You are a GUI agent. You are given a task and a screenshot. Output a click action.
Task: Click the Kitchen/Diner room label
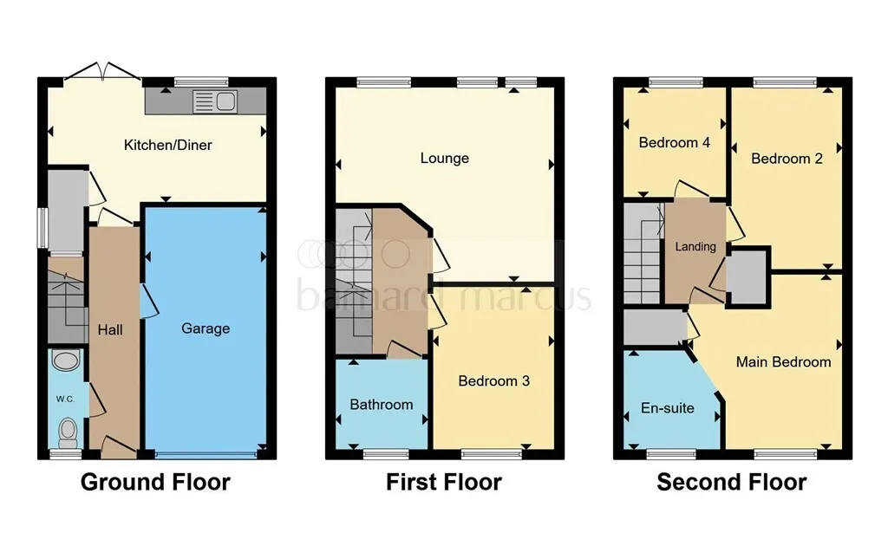(167, 145)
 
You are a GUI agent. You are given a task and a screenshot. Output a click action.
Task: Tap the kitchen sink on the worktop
(215, 102)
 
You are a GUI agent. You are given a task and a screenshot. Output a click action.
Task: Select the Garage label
(206, 328)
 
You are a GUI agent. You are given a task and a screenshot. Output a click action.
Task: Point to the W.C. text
(65, 399)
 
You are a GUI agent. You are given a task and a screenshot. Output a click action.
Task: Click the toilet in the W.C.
(68, 432)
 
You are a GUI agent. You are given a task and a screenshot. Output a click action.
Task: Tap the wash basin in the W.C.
(65, 361)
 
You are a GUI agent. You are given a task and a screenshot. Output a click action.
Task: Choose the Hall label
(110, 330)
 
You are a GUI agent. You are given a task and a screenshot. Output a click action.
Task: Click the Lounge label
(445, 158)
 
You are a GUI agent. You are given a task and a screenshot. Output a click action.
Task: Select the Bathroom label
(382, 405)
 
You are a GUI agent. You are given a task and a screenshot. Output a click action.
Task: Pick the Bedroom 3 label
(493, 380)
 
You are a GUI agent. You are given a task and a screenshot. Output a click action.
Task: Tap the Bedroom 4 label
(674, 143)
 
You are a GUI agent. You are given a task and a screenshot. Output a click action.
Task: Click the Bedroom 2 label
(787, 159)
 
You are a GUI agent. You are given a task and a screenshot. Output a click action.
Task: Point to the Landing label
(695, 247)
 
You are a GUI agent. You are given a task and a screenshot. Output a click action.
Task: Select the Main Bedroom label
(783, 362)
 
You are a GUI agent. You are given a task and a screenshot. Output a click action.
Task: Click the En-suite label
(667, 408)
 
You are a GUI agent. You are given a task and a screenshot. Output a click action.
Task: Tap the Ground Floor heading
(155, 482)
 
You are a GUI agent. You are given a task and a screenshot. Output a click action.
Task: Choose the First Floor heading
(444, 482)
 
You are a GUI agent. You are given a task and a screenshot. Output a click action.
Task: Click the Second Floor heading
(732, 482)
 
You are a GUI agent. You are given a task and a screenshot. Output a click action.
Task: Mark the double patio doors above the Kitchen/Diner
(102, 72)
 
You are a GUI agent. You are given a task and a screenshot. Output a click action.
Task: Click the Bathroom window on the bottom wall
(386, 454)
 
